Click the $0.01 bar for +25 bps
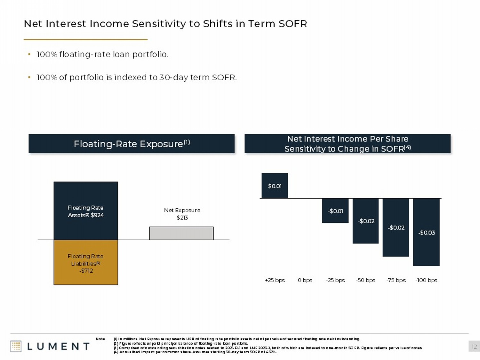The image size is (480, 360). (x=275, y=186)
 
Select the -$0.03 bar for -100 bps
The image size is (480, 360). (x=426, y=232)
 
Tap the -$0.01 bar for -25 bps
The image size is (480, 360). (x=335, y=211)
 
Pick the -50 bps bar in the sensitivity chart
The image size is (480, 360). (x=365, y=221)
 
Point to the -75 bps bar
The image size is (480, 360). (x=396, y=227)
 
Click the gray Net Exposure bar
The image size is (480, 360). (x=181, y=233)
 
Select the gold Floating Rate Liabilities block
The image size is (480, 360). (x=86, y=262)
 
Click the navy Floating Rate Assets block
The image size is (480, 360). (x=86, y=211)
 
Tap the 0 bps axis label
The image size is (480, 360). (x=305, y=280)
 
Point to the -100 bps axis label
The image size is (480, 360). (x=426, y=280)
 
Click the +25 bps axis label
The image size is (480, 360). (x=275, y=280)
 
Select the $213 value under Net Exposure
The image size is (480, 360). (x=182, y=218)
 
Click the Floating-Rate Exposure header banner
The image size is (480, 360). (x=132, y=144)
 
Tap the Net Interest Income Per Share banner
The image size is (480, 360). (x=348, y=144)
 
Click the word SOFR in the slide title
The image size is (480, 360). (x=292, y=24)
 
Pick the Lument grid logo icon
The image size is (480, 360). (x=16, y=346)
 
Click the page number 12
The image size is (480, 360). (x=474, y=347)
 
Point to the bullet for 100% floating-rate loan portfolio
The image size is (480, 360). (x=29, y=54)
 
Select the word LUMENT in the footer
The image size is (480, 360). (x=58, y=347)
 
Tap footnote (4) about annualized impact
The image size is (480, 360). (x=195, y=352)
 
